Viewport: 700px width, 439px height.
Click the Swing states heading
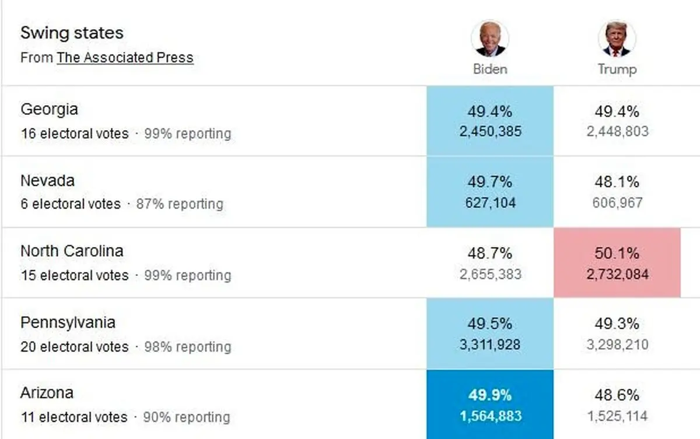pos(72,33)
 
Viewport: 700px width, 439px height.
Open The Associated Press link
pos(125,58)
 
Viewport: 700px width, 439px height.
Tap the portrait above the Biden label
pos(490,39)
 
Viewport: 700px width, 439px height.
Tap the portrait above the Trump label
pos(617,39)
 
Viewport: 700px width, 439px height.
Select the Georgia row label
pos(49,109)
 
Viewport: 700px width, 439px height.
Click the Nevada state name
pos(47,180)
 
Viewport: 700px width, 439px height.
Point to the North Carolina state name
pos(72,251)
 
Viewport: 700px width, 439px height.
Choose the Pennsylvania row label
pos(68,322)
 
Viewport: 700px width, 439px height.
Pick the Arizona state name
pos(47,393)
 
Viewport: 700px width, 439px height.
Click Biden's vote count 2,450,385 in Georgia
pos(490,131)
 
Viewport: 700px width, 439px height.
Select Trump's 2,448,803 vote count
pos(617,131)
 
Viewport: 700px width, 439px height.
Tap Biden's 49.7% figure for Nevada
pos(490,182)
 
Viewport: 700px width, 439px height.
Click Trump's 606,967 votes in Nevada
pos(617,203)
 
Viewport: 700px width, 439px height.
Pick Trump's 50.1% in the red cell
pos(617,253)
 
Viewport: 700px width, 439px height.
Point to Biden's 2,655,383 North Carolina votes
pos(490,274)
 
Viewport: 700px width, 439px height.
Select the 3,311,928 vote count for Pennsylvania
pos(490,344)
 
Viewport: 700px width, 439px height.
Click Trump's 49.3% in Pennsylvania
pos(617,324)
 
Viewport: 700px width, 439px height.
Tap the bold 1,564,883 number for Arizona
pos(490,416)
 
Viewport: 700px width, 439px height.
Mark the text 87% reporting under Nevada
pos(180,204)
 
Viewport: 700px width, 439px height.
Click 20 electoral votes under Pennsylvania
pos(74,347)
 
